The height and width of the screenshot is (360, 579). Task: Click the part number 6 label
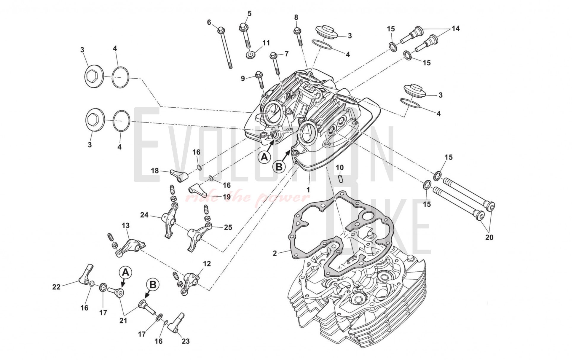pos(209,22)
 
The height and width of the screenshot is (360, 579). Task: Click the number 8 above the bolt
pos(296,17)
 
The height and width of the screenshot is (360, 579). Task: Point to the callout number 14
pos(455,28)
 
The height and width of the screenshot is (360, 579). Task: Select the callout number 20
pos(489,237)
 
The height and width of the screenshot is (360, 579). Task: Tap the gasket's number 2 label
pos(275,253)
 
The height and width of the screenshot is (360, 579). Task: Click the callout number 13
pos(125,226)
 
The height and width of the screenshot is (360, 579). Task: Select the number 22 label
pos(56,287)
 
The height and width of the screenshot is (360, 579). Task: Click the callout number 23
pos(186,341)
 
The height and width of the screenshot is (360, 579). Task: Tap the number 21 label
pos(123,320)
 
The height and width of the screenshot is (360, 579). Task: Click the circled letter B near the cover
pos(279,167)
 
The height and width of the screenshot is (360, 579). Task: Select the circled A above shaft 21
pos(125,272)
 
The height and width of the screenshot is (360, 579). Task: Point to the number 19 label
pos(227,197)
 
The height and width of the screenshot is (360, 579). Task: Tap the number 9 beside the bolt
pos(243,79)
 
